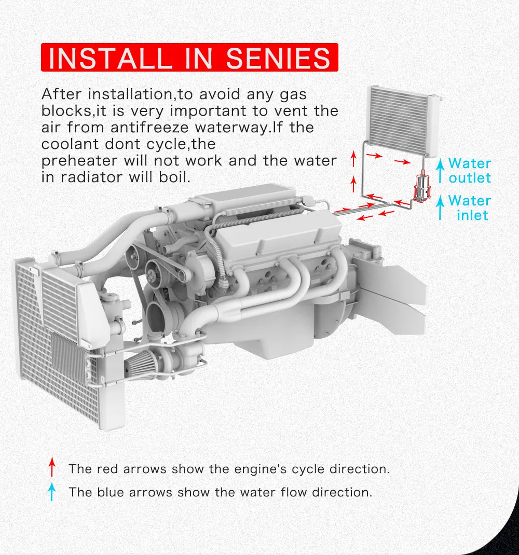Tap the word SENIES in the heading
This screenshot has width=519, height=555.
(x=278, y=58)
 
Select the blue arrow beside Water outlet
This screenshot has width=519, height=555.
(x=440, y=171)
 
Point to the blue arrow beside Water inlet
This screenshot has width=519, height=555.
(x=440, y=207)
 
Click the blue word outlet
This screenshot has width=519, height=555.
(x=470, y=178)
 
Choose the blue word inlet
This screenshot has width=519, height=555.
(x=472, y=215)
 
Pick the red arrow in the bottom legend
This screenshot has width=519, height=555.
(x=51, y=468)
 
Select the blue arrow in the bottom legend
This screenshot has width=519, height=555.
(x=51, y=491)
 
